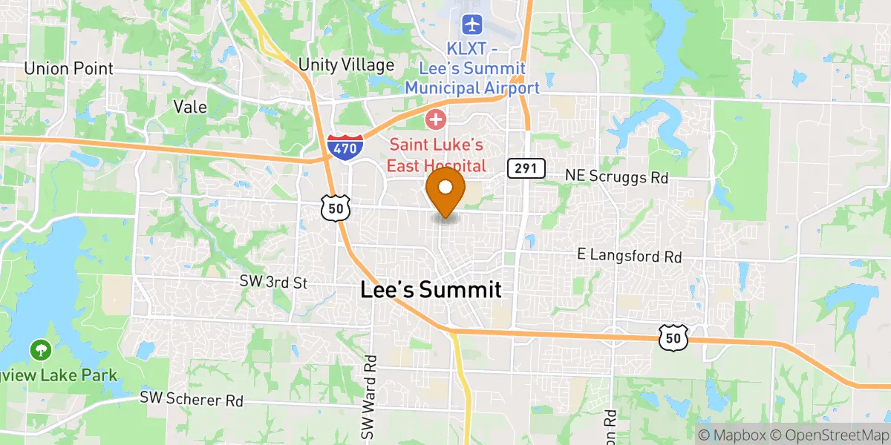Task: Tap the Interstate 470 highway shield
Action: click(345, 146)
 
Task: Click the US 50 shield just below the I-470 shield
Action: click(336, 208)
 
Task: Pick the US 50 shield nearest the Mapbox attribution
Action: click(673, 337)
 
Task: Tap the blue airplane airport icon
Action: click(471, 24)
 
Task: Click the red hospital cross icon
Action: click(435, 119)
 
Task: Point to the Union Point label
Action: click(69, 69)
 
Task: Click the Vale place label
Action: click(189, 106)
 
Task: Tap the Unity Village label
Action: click(346, 65)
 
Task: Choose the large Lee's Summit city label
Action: click(431, 290)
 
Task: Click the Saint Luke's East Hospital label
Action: click(437, 155)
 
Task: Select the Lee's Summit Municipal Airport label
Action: click(471, 68)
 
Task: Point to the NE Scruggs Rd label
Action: click(616, 177)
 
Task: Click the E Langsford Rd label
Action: click(630, 256)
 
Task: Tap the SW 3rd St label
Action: click(273, 282)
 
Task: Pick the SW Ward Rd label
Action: click(370, 396)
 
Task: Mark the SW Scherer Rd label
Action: click(192, 399)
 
